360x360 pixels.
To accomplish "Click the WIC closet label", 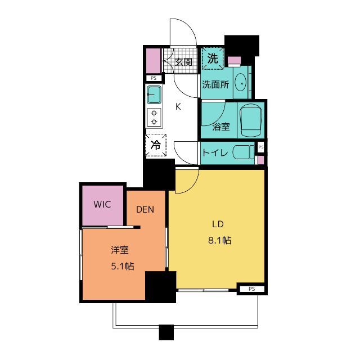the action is coord(102,204).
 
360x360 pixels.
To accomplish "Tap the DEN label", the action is coord(145,209).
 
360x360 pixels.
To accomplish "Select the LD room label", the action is coord(218,224).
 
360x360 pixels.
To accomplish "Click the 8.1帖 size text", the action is coord(220,240).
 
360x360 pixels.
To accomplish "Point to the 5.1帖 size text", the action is coord(123,266).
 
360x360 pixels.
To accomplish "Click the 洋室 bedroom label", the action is coord(120,250).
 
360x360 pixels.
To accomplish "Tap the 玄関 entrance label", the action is coord(183,62).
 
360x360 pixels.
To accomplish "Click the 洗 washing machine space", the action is coord(213,58).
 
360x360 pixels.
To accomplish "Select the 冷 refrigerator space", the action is coord(156,145).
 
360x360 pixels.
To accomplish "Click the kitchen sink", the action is coord(154,95).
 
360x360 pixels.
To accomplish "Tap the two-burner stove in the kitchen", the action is coord(154,117).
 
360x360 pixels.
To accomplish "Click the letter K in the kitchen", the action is coord(178,106).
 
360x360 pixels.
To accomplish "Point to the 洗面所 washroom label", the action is coord(215,85).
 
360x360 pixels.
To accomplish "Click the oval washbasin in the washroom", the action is coord(241,83).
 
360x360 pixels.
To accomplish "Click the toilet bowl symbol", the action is coord(244,152).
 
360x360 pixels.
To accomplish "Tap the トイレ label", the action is coord(215,152).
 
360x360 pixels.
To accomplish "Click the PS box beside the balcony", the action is coord(252,289).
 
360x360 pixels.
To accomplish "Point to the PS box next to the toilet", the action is coord(261,147).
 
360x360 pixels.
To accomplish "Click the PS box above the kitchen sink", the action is coord(154,78).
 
